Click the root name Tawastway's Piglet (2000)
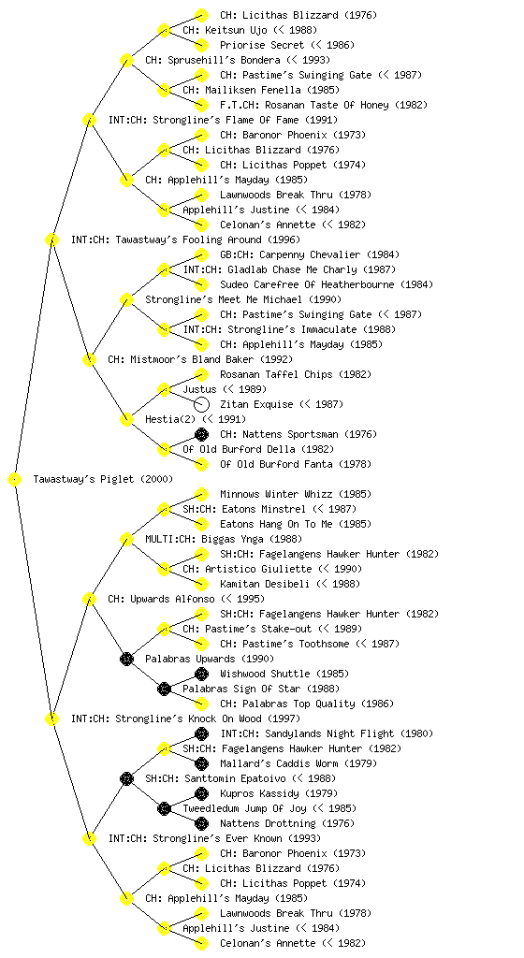click(x=103, y=479)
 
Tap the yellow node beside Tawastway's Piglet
click(x=15, y=480)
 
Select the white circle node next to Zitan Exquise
click(x=201, y=404)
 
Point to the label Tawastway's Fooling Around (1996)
click(x=185, y=239)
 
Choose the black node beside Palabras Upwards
click(x=126, y=659)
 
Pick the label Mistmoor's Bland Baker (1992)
click(x=200, y=359)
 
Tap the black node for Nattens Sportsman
click(x=201, y=434)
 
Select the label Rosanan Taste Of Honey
click(x=324, y=105)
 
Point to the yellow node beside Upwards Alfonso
click(x=89, y=600)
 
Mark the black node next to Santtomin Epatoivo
click(x=126, y=778)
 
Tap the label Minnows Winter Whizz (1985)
click(x=296, y=494)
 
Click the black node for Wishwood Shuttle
click(x=201, y=674)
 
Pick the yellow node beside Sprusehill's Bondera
click(x=126, y=60)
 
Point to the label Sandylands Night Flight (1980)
click(x=327, y=733)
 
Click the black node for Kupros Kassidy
click(x=201, y=793)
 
